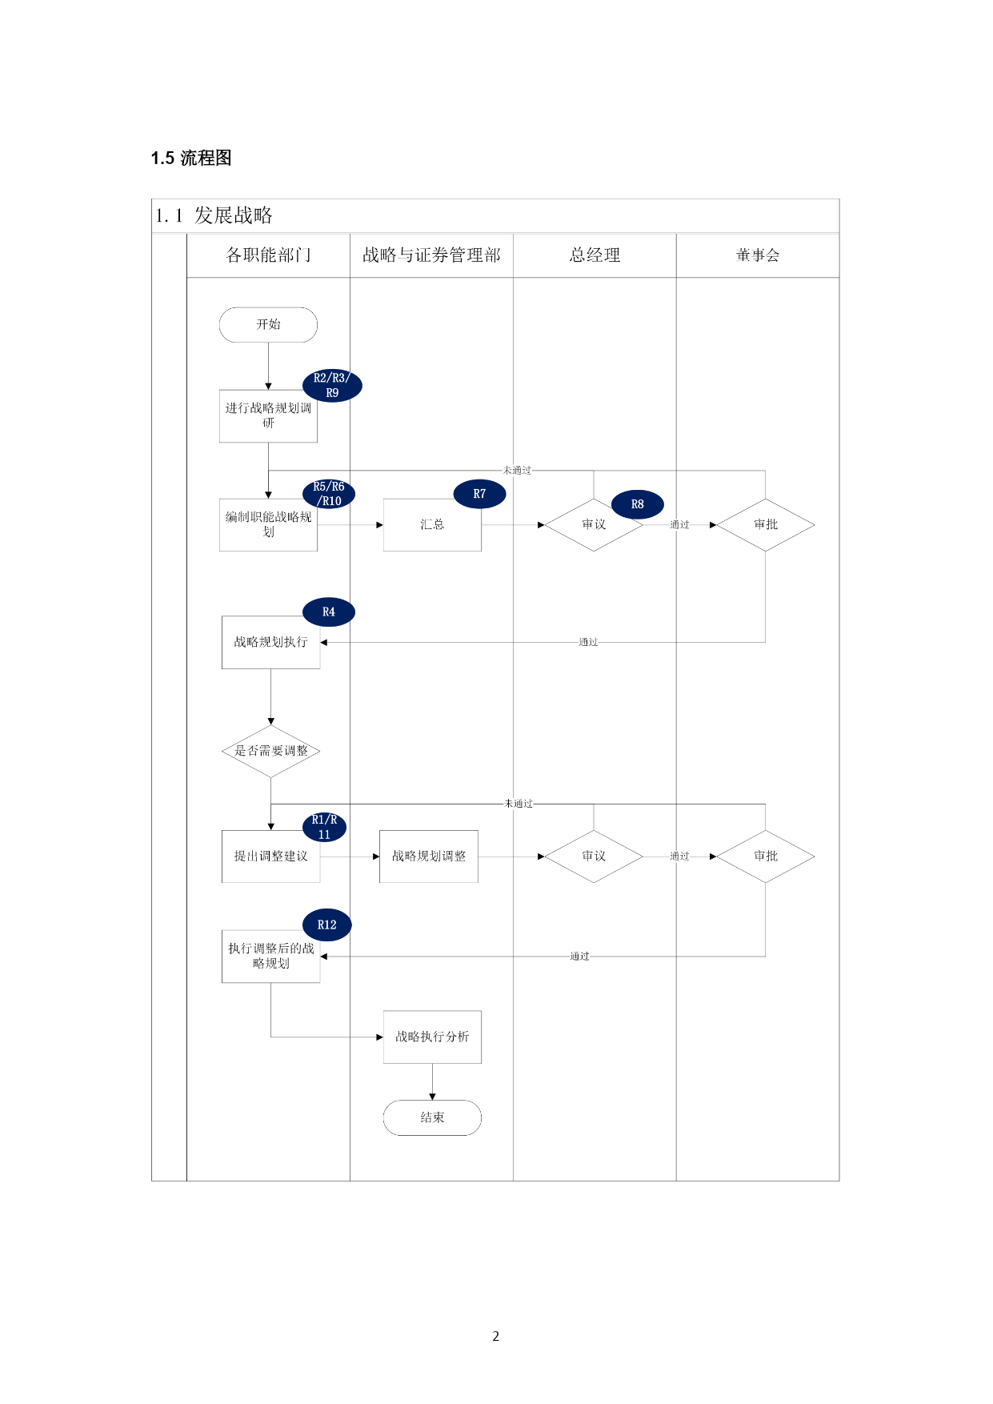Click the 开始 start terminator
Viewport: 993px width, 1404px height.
[268, 324]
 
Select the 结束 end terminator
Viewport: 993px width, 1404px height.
[432, 1117]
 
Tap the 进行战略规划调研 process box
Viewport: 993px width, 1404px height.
[268, 416]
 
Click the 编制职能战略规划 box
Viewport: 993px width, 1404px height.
[268, 525]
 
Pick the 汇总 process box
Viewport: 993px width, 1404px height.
[432, 525]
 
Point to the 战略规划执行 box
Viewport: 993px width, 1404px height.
[270, 642]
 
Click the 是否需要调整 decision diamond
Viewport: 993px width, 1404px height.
[270, 751]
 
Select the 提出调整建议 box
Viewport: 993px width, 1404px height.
[270, 856]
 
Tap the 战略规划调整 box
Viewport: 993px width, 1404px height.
[429, 856]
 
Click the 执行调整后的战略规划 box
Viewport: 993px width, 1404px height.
[270, 957]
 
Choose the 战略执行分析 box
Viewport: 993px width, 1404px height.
[432, 1037]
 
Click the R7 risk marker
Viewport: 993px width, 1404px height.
[479, 494]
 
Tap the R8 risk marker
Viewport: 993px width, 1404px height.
[638, 504]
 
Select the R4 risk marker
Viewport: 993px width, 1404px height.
[329, 612]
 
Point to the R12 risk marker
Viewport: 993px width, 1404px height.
[327, 925]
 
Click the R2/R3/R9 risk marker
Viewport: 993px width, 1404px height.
[332, 386]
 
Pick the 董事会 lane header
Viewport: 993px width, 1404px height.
[758, 255]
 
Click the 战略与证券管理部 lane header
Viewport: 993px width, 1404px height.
[431, 255]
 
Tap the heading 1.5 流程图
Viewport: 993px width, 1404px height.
[191, 158]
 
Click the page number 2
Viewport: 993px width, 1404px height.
[496, 1336]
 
